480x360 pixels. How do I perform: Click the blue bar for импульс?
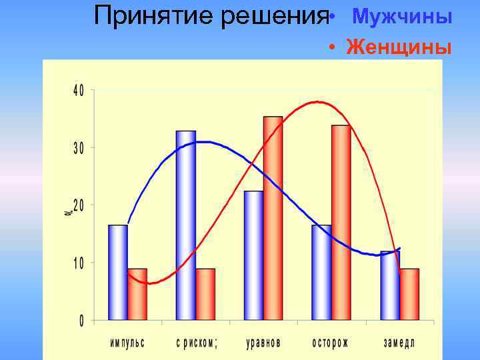tap(118, 273)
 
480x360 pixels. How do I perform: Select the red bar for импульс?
tap(137, 295)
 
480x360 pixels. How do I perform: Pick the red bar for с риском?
tap(205, 295)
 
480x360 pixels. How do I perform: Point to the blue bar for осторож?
tap(321, 273)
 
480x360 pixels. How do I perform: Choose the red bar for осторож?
tap(341, 223)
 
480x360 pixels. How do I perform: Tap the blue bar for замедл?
tap(390, 285)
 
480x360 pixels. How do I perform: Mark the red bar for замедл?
tap(409, 295)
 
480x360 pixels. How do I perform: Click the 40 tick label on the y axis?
tap(78, 91)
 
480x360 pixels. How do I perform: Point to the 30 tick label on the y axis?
tap(78, 148)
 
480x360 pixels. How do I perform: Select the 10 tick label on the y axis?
tap(78, 263)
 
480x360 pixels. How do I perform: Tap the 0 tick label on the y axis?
tap(81, 321)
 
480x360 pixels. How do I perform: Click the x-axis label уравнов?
tap(263, 343)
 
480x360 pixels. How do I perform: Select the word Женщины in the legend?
tap(399, 47)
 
